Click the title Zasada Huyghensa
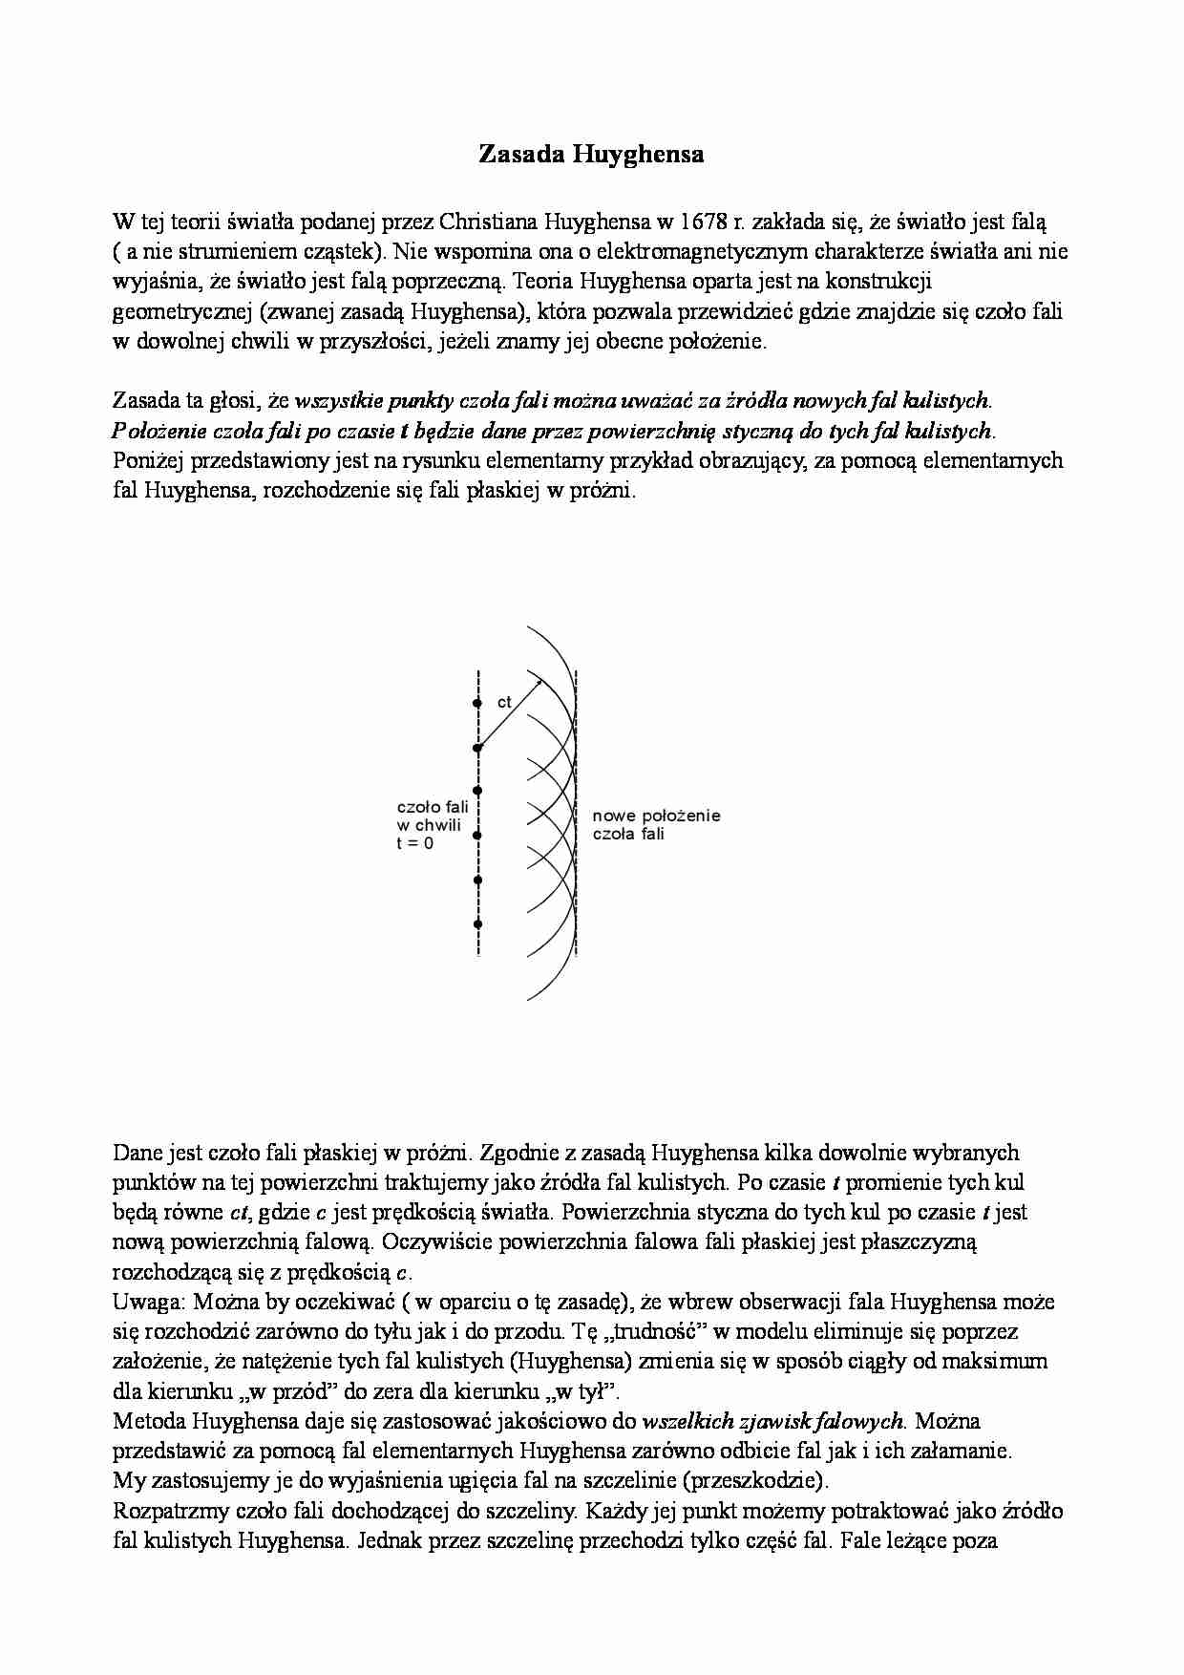click(591, 155)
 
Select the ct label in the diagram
click(504, 702)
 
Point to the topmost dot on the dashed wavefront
click(477, 704)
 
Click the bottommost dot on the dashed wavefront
click(477, 924)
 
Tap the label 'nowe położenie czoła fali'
click(655, 825)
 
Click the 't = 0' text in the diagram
click(414, 844)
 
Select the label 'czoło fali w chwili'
click(432, 816)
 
